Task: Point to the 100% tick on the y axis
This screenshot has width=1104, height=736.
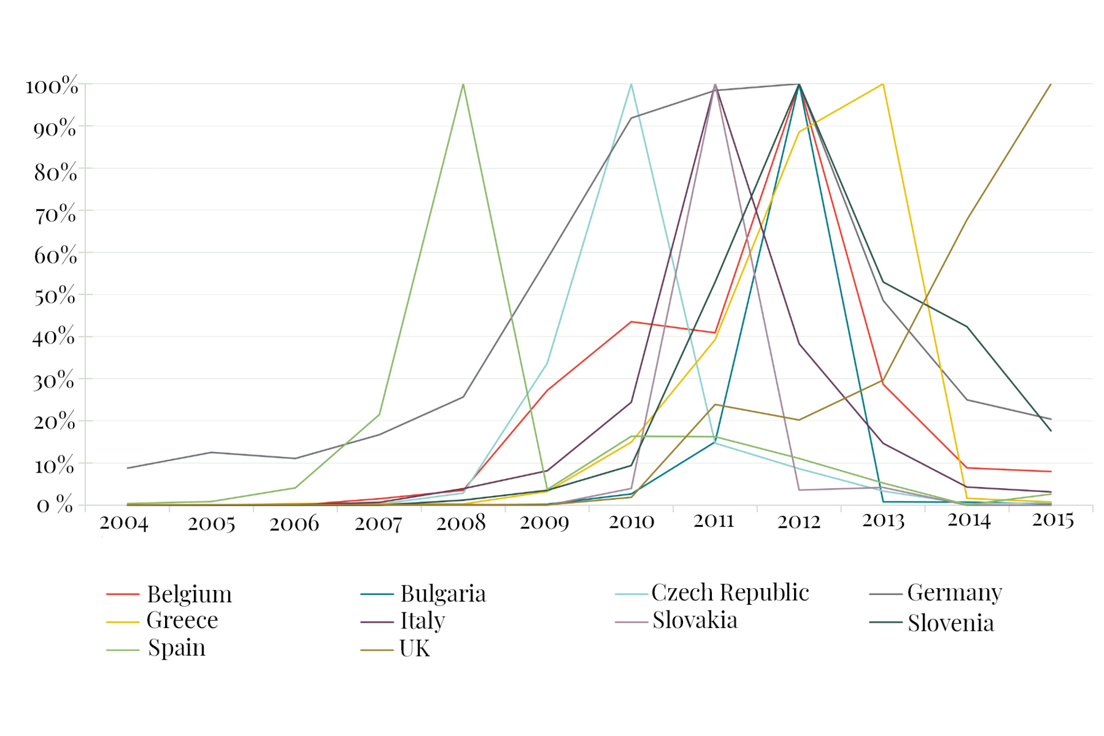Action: point(52,86)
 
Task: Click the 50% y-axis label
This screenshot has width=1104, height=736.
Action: point(55,296)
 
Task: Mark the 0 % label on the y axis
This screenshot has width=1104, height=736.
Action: point(55,505)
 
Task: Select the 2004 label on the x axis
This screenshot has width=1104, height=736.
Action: point(124,523)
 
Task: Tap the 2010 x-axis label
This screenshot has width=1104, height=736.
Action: point(631,522)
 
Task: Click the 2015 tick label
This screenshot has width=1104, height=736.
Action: point(1052,520)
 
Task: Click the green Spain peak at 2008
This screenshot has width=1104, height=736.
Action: point(463,85)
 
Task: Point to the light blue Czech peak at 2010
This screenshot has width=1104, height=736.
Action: point(631,85)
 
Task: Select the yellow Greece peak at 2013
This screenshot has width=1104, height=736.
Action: point(883,85)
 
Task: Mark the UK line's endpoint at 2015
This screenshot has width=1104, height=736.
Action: point(1051,85)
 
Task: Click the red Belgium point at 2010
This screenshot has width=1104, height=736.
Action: point(631,322)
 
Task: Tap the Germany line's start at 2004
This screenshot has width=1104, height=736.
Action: point(128,468)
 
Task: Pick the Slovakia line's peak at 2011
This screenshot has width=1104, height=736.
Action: point(715,85)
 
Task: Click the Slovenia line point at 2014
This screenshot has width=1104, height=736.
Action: point(967,327)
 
